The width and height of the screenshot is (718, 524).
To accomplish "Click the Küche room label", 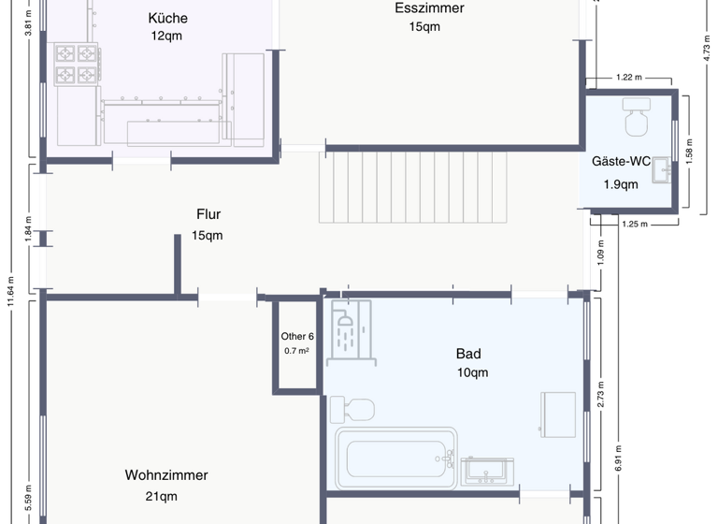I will [x=167, y=18].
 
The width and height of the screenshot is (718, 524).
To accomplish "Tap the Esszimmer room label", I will [x=429, y=7].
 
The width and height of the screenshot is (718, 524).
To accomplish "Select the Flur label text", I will [x=208, y=214].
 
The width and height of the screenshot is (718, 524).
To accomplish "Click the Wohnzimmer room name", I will [x=166, y=475].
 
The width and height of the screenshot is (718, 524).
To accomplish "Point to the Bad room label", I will [x=468, y=354].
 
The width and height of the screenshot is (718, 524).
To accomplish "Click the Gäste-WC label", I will [x=621, y=161].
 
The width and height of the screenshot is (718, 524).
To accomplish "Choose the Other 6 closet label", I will [x=297, y=337].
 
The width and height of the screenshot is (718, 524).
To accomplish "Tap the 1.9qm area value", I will [x=621, y=184].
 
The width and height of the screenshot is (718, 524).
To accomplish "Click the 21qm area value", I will [x=161, y=497].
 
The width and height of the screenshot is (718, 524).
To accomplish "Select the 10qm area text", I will [x=472, y=373].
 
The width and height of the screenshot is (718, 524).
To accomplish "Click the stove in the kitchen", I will [x=77, y=64].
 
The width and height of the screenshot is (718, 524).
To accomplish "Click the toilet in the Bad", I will [x=352, y=410].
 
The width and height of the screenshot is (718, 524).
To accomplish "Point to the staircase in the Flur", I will [x=411, y=187].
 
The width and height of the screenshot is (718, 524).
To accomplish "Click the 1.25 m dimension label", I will [x=634, y=224].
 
